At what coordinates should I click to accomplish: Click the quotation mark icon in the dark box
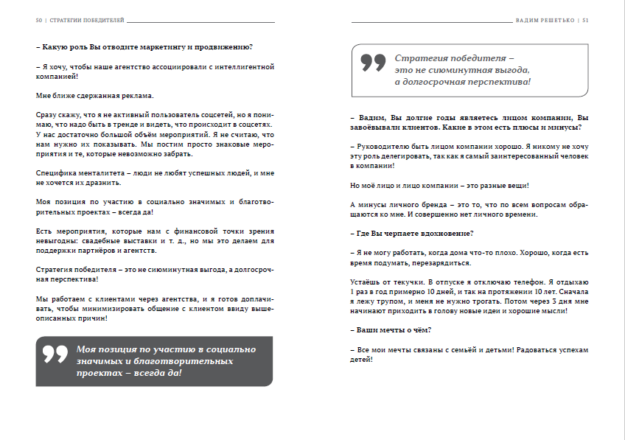(55, 354)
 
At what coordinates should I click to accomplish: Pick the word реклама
(135, 95)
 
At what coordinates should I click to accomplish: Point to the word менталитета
(90, 172)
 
